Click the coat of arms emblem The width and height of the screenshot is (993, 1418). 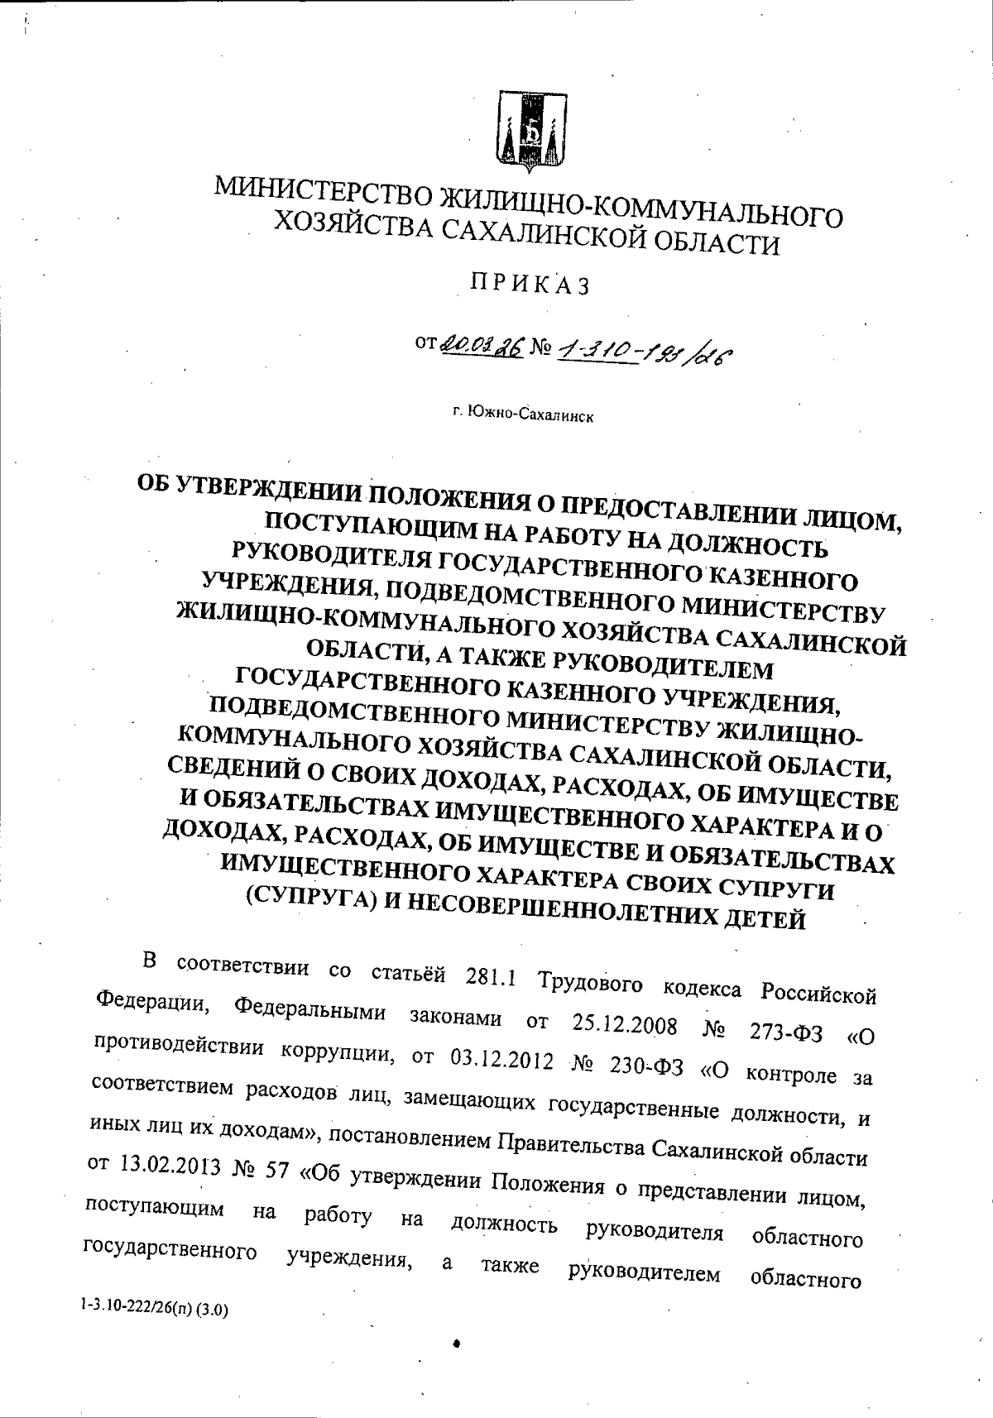click(530, 133)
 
